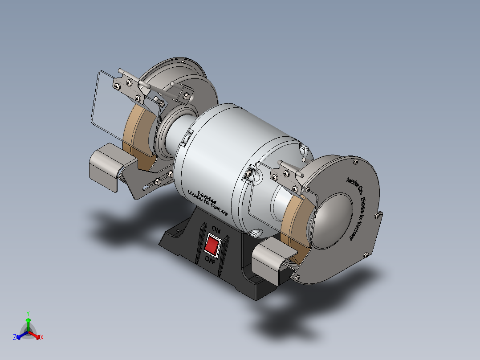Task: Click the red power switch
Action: pos(212,245)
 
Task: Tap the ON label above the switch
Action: pos(216,230)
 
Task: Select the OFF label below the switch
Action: pos(210,261)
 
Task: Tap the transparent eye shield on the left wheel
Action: pos(111,107)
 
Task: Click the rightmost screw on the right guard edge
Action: pos(378,216)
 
